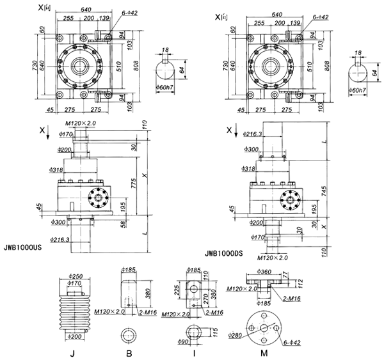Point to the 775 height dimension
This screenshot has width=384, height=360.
[135, 182]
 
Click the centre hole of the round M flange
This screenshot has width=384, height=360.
[263, 328]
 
